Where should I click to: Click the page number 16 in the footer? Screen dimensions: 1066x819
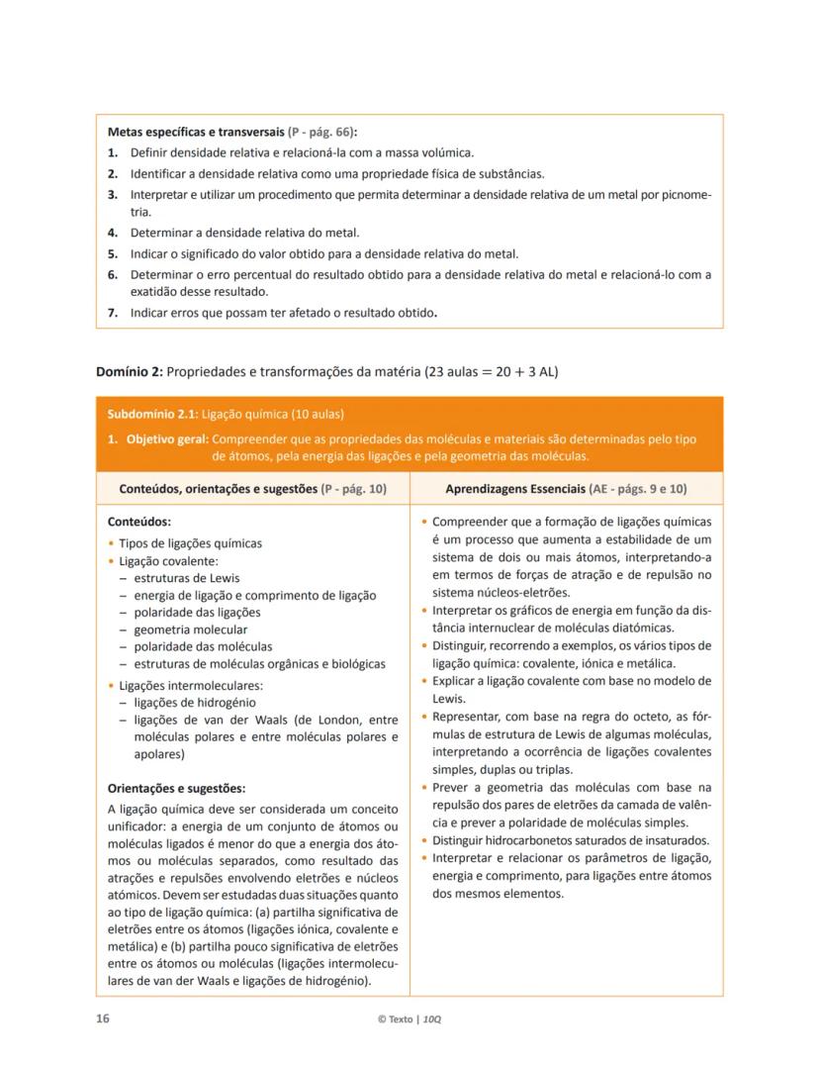click(102, 1018)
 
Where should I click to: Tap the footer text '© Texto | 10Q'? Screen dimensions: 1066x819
click(409, 1019)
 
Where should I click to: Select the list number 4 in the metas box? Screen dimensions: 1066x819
click(113, 233)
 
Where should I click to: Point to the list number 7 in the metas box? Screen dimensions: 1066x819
click(113, 313)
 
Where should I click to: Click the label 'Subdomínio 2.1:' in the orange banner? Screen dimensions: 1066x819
click(144, 414)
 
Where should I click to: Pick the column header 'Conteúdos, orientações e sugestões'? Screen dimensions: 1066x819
click(219, 489)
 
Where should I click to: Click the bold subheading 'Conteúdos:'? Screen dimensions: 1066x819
click(138, 521)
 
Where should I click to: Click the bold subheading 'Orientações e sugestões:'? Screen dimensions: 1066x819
click(175, 788)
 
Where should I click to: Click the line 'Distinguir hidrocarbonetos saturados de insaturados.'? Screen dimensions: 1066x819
click(571, 840)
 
